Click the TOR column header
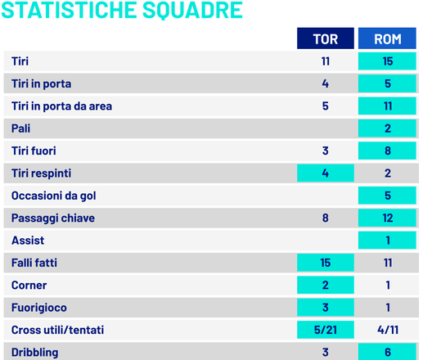click(325, 38)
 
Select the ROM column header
click(387, 38)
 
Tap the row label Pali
click(21, 128)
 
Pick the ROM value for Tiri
click(387, 61)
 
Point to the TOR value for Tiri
click(325, 61)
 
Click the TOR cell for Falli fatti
click(325, 263)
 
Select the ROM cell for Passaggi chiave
click(387, 218)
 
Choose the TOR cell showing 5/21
click(325, 330)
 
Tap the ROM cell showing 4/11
click(387, 330)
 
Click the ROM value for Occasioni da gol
click(387, 196)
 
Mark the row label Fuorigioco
click(38, 308)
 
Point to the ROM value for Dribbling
click(387, 352)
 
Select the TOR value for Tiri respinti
click(325, 173)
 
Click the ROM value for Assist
click(387, 241)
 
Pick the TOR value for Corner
click(325, 285)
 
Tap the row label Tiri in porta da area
click(62, 106)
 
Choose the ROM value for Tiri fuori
click(387, 151)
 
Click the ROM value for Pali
click(387, 128)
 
